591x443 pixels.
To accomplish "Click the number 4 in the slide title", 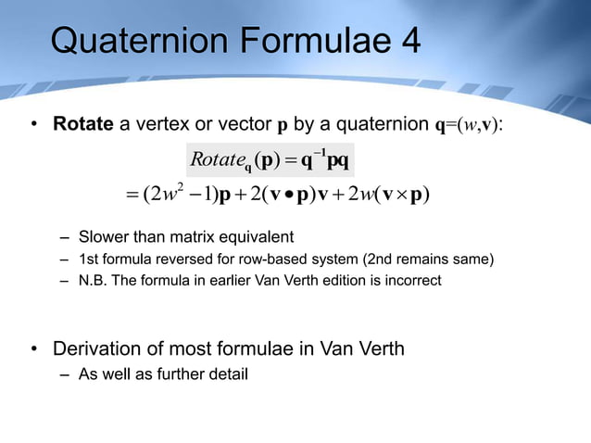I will (x=408, y=41).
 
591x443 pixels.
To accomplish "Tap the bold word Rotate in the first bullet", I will (x=83, y=124).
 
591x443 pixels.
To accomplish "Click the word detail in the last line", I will (x=223, y=374).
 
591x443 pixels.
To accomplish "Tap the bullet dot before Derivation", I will (x=34, y=349).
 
